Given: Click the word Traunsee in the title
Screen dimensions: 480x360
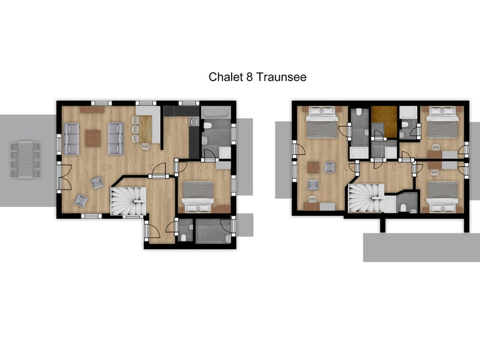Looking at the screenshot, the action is (x=281, y=77).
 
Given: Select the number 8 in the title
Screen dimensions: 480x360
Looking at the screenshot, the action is (x=250, y=77).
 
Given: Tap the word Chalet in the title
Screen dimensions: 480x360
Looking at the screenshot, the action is (x=226, y=77).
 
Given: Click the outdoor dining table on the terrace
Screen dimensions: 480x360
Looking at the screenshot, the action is (x=26, y=159).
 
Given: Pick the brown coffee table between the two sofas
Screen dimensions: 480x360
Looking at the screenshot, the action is (x=93, y=138).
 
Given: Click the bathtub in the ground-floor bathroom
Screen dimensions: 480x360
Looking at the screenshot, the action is (x=215, y=112).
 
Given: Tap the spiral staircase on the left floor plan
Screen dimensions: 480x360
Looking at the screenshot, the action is (x=128, y=200).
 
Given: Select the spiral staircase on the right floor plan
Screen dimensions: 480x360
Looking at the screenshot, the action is (x=367, y=198).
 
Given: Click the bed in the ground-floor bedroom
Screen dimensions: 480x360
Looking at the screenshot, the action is (x=197, y=197).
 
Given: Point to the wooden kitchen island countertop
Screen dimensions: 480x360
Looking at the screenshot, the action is (x=146, y=129).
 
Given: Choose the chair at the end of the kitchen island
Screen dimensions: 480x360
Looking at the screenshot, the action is (x=145, y=146).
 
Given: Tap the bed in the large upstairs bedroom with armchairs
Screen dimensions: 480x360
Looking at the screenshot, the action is (x=322, y=122).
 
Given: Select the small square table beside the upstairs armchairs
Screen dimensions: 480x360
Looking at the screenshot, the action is (x=313, y=167).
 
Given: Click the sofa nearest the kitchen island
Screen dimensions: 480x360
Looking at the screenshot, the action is (x=116, y=139).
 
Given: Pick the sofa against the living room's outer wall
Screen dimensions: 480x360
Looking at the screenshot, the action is (x=71, y=139).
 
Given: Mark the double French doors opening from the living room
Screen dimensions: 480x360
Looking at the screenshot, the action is (x=64, y=177).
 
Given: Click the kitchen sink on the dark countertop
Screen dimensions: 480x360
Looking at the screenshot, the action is (x=194, y=122).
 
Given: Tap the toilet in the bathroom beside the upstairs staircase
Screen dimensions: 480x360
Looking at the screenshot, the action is (x=403, y=208).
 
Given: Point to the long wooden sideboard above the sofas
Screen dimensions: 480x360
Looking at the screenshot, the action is (x=92, y=109).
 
